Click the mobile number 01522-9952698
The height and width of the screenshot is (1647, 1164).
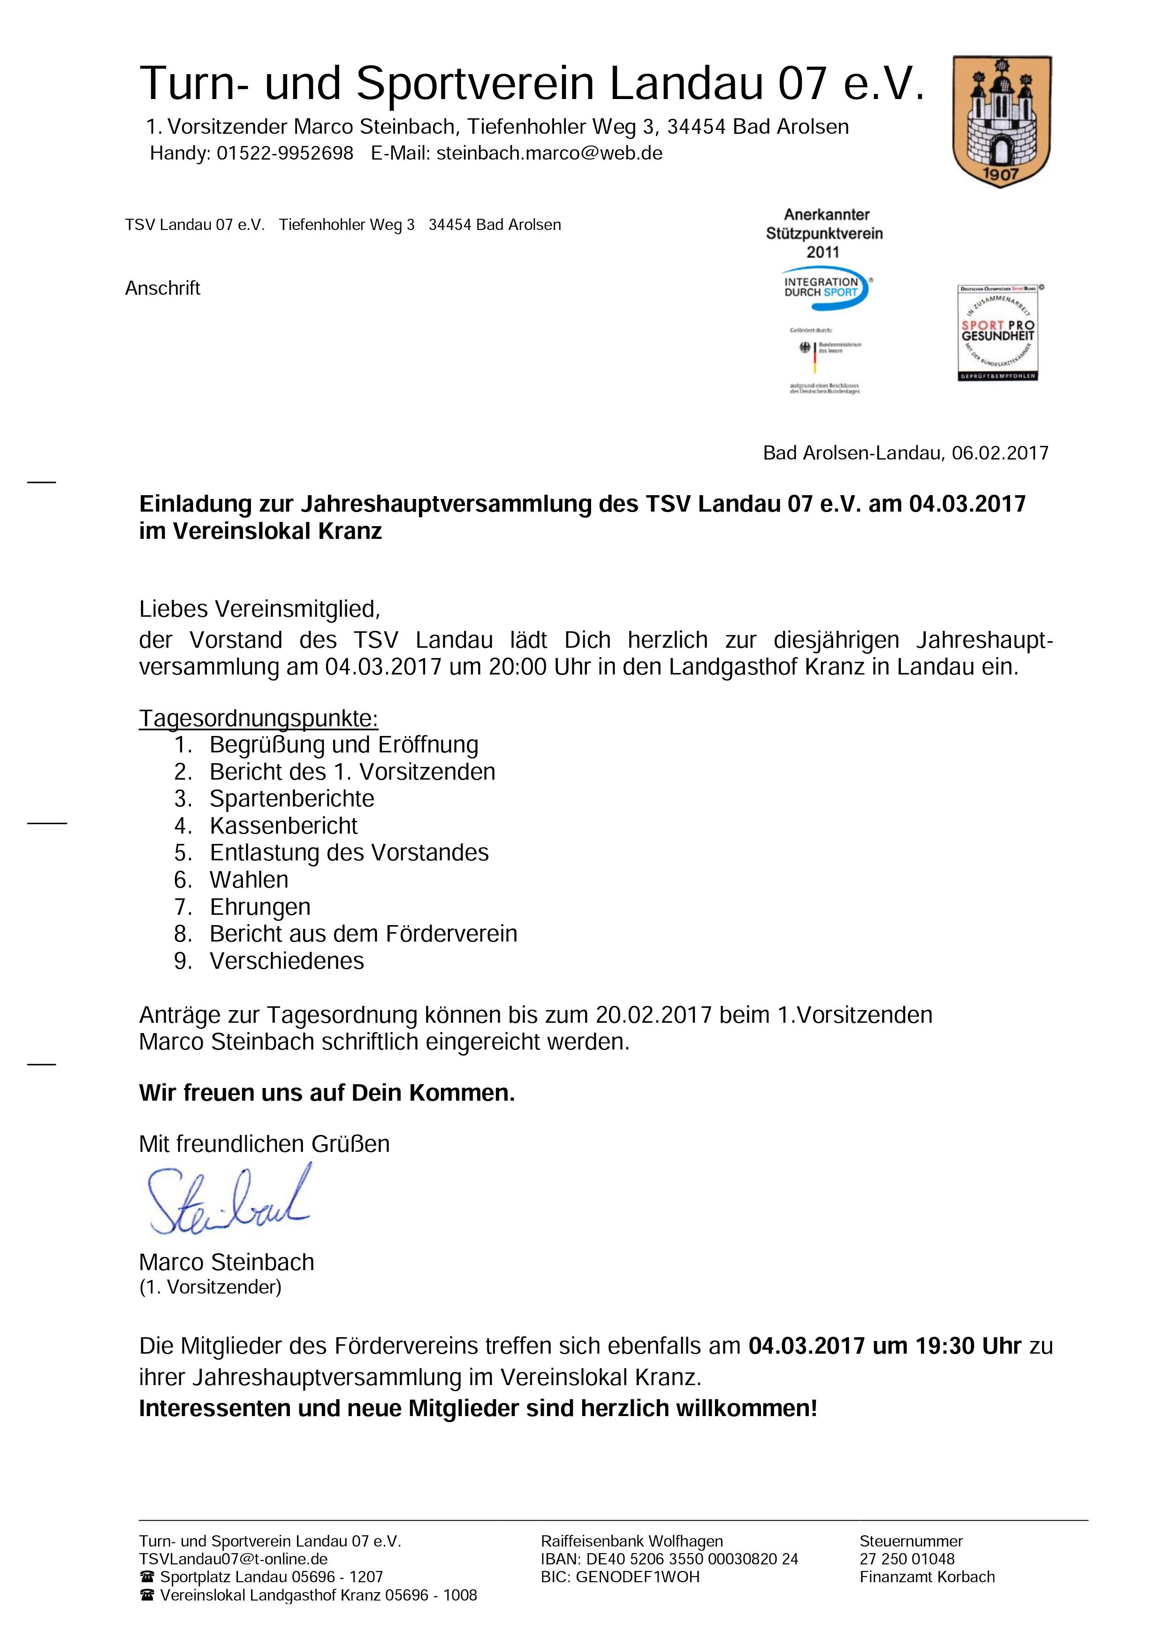(285, 153)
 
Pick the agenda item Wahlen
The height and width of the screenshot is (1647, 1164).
(249, 880)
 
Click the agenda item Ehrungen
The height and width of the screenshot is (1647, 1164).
(259, 907)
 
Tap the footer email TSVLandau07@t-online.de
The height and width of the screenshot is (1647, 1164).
(233, 1559)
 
